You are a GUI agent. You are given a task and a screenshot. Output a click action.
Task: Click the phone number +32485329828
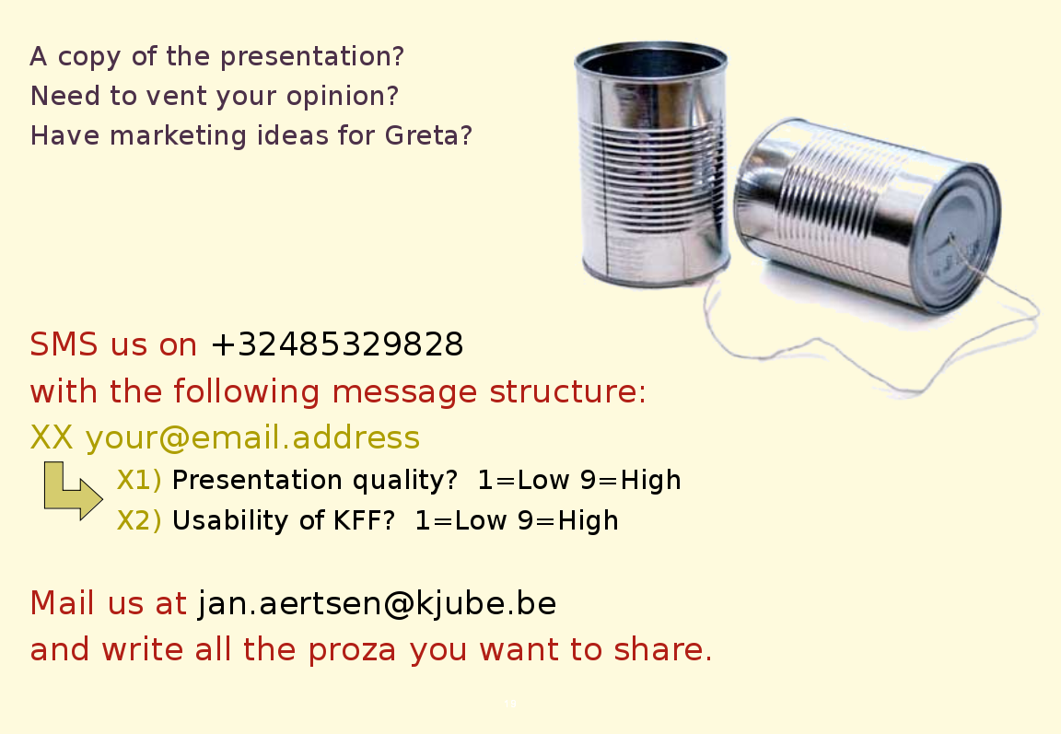tap(337, 344)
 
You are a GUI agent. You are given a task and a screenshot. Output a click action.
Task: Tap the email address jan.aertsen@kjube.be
tap(377, 602)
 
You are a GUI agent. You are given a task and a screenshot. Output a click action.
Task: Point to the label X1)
tap(139, 481)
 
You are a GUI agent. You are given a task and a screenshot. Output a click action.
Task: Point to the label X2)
tap(139, 521)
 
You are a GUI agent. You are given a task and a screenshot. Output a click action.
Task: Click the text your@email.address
tap(252, 438)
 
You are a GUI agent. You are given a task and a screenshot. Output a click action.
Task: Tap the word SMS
tap(64, 344)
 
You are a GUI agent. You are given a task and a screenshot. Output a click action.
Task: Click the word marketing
tap(178, 136)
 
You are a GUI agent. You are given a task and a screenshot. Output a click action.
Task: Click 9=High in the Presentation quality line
tap(631, 481)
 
